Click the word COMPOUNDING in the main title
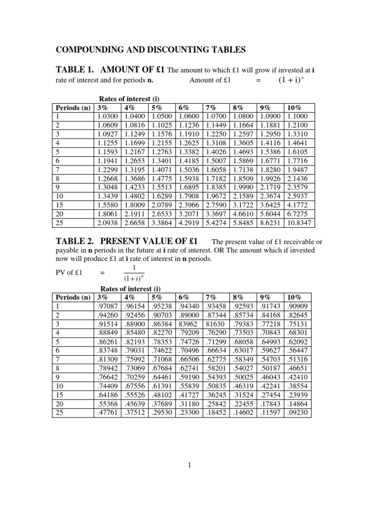click(x=93, y=49)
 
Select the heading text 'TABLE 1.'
click(x=74, y=70)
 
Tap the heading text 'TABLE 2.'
click(x=74, y=241)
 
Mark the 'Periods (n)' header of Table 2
click(x=73, y=297)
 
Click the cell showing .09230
click(x=298, y=413)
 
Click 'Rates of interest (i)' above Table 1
click(x=130, y=99)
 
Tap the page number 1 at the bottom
click(x=189, y=465)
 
